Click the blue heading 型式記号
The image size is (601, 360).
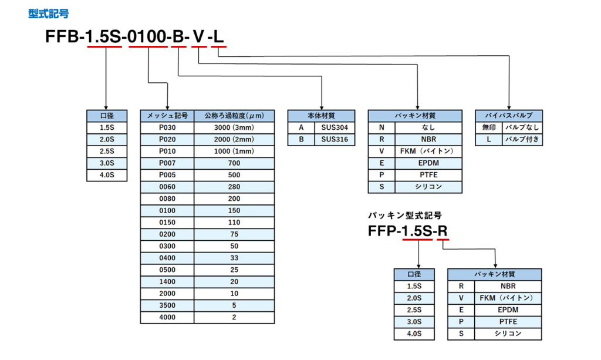49,14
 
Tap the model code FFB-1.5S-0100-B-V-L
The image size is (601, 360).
134,36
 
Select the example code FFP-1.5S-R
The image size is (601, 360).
408,231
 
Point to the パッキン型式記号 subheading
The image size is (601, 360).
405,215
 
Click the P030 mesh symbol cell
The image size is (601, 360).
167,127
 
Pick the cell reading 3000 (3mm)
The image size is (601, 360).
234,127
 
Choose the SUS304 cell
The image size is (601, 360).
335,127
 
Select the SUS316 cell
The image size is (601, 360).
335,140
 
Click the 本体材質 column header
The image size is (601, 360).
321,116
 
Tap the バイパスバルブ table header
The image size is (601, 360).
509,116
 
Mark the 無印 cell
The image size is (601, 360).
489,127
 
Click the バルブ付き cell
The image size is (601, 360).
522,140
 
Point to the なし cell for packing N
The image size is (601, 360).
428,127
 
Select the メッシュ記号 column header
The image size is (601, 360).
167,116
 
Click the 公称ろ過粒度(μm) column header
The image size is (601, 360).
234,116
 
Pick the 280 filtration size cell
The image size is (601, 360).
234,187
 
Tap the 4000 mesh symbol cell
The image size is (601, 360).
167,318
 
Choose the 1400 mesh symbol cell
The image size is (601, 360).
167,282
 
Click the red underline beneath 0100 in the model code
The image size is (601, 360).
148,47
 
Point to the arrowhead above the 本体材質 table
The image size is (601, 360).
322,108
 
